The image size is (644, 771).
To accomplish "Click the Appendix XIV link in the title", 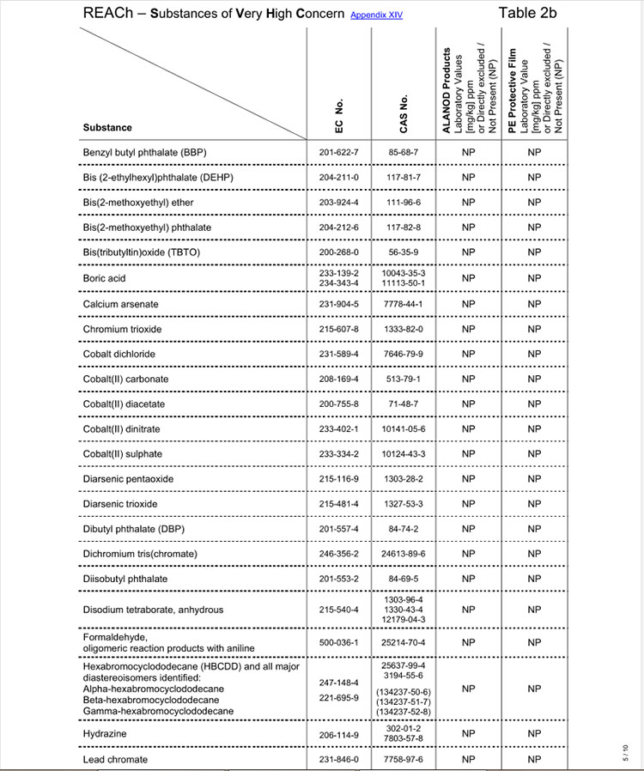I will click(x=376, y=15).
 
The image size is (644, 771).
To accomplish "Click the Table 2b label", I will click(x=527, y=13).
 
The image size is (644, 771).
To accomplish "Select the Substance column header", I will click(x=107, y=127).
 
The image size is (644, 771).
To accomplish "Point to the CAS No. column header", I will click(x=404, y=112).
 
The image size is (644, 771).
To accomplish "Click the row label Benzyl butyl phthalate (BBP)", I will click(x=144, y=153).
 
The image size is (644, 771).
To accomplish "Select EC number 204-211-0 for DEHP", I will click(x=337, y=178).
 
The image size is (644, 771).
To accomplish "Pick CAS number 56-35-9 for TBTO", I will click(x=404, y=252).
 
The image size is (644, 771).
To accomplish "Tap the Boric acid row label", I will click(x=105, y=278).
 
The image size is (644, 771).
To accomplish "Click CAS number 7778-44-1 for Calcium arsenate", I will click(x=404, y=304).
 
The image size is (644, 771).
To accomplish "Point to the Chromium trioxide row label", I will click(x=122, y=329).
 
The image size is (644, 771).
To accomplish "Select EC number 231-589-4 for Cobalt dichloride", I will click(x=337, y=354).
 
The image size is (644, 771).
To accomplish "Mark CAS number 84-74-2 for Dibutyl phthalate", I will click(x=404, y=528).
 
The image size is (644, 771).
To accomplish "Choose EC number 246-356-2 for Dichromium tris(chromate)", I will click(x=337, y=554).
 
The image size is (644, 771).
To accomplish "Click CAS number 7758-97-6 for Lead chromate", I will click(x=404, y=760).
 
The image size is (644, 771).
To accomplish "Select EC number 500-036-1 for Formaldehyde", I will click(x=337, y=642).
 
